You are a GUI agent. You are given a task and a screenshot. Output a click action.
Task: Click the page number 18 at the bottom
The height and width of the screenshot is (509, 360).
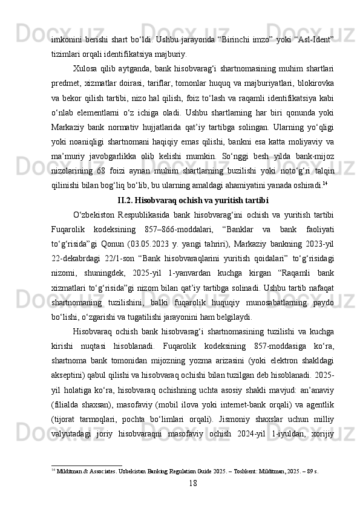(x=193, y=483)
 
